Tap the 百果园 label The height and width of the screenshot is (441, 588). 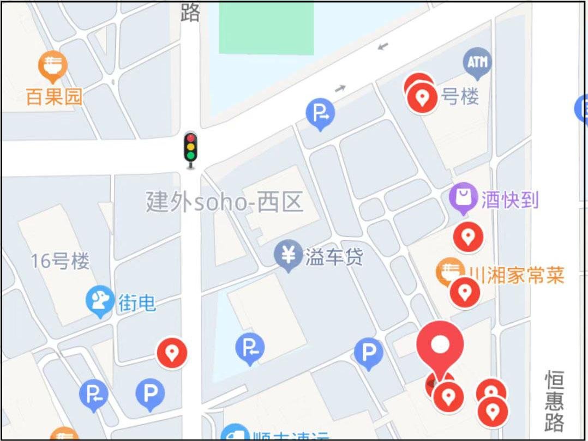54,97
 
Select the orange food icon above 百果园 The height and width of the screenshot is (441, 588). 53,65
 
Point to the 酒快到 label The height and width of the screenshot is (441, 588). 509,200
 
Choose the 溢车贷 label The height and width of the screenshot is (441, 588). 334,257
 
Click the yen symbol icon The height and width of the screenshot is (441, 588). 289,255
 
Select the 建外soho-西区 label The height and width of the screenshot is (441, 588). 224,202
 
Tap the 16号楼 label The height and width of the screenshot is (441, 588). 59,261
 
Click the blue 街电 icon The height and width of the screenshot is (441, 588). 100,302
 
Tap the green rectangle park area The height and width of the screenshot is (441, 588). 266,27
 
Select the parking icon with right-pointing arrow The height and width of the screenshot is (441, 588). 320,113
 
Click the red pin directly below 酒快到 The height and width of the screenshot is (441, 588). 468,237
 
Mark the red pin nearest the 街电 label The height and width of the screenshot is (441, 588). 172,353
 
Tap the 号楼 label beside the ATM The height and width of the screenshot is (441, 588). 460,97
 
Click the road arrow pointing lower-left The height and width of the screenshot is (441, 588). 383,46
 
